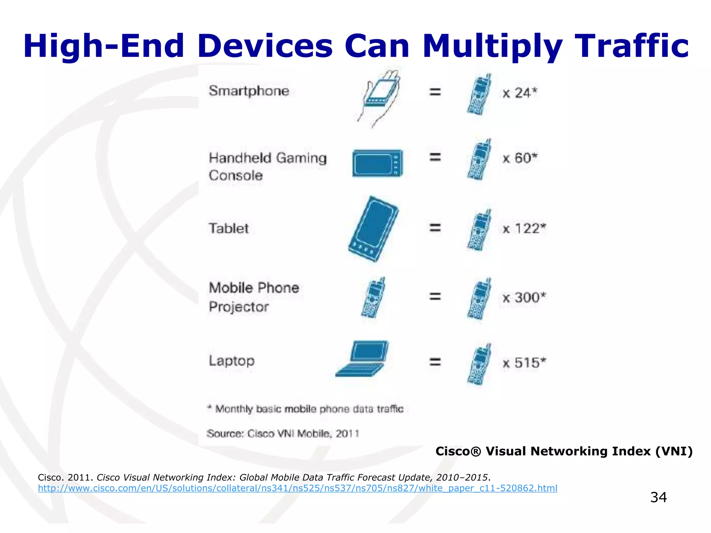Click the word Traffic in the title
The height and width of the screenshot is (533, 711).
(x=631, y=46)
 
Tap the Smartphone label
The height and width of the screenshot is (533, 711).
(x=249, y=91)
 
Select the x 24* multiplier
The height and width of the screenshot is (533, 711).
(x=520, y=93)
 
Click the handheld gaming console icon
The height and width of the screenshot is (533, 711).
(x=378, y=163)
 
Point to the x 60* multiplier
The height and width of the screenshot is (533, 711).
(x=520, y=158)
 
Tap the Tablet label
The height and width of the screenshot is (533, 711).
(x=228, y=228)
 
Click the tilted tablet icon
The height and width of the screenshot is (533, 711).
(x=373, y=229)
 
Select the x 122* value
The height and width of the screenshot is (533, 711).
(x=524, y=228)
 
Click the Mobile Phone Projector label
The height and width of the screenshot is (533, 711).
(x=254, y=297)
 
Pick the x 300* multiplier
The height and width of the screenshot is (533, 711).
(x=524, y=297)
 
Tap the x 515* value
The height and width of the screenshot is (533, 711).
(x=524, y=363)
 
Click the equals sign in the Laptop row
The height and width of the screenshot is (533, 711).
(x=435, y=362)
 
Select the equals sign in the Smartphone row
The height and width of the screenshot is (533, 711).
(x=435, y=92)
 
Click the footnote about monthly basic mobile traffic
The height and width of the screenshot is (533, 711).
(x=306, y=409)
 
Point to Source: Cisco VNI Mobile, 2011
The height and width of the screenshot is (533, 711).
(x=283, y=434)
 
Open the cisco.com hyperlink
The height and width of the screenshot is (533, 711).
(x=298, y=488)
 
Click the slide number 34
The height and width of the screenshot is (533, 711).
(x=658, y=497)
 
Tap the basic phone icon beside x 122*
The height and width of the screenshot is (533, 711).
(x=479, y=230)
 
